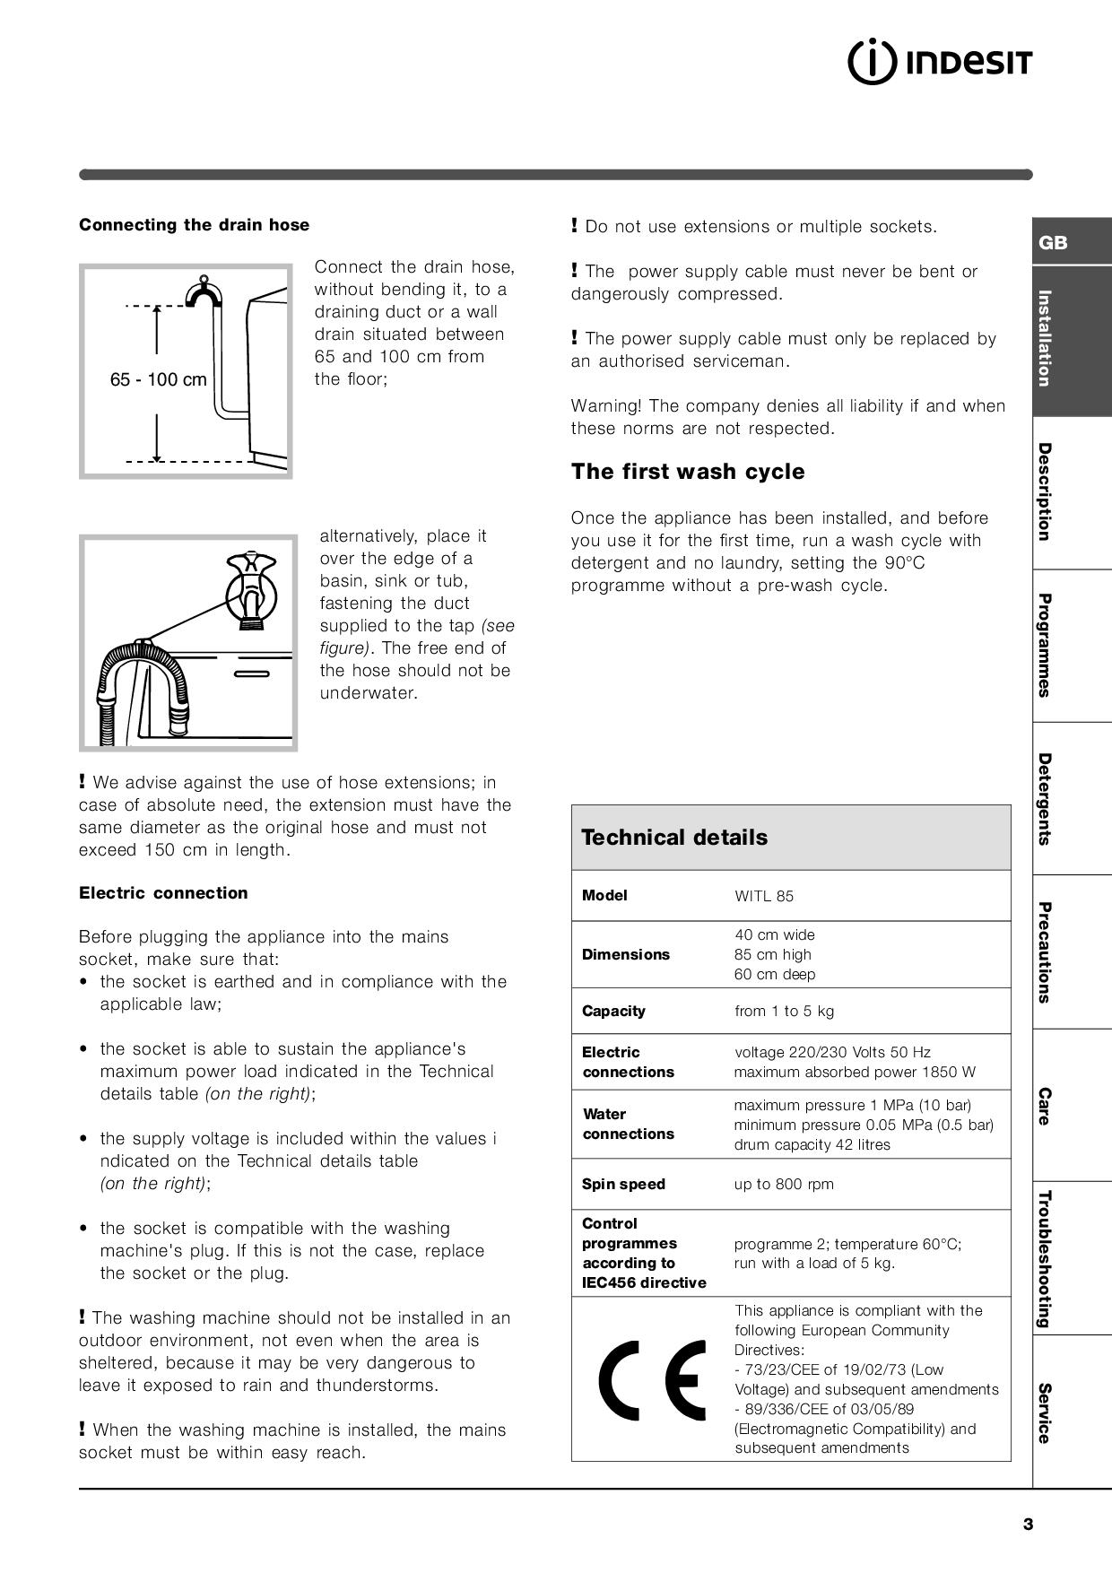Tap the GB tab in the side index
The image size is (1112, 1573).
point(1053,243)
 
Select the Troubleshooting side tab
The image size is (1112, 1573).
point(1045,1258)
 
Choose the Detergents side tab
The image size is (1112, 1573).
point(1045,799)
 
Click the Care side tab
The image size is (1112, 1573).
point(1045,1106)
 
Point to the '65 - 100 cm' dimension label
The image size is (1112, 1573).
point(158,379)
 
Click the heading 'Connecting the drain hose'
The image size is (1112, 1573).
point(194,225)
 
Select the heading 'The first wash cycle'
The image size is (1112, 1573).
point(688,472)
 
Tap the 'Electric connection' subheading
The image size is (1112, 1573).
point(163,893)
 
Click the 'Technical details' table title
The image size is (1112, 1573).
point(674,838)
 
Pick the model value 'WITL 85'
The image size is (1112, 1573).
point(764,896)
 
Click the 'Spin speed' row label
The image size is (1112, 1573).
point(623,1185)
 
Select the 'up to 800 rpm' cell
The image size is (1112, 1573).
point(784,1185)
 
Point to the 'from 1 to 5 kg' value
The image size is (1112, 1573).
point(784,1012)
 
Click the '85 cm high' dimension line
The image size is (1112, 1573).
point(772,955)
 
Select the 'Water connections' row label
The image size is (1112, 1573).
point(618,1125)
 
